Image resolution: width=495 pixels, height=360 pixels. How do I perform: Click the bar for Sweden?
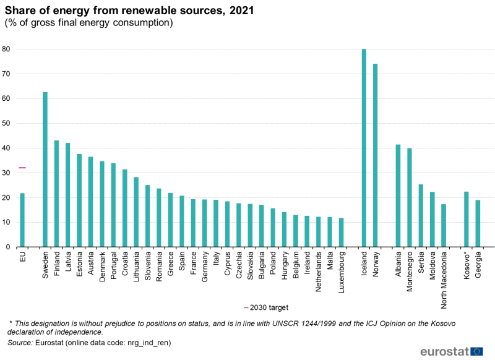click(x=45, y=169)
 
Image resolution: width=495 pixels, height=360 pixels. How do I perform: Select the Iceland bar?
click(x=364, y=148)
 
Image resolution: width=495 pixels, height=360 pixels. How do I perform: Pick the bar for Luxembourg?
click(x=341, y=233)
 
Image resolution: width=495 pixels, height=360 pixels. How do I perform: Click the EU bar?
click(x=22, y=220)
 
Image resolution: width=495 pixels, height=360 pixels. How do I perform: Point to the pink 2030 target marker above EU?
click(x=22, y=168)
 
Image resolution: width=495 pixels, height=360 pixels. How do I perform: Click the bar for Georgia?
click(x=478, y=223)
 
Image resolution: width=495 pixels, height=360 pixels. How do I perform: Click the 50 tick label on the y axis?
click(x=7, y=124)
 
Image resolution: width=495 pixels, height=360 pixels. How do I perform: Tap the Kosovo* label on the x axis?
click(x=467, y=264)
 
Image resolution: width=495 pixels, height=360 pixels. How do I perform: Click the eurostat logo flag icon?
click(x=476, y=351)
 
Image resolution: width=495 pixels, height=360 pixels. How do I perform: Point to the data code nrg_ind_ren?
click(x=148, y=342)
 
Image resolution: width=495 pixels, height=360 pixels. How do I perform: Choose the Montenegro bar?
click(x=410, y=197)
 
